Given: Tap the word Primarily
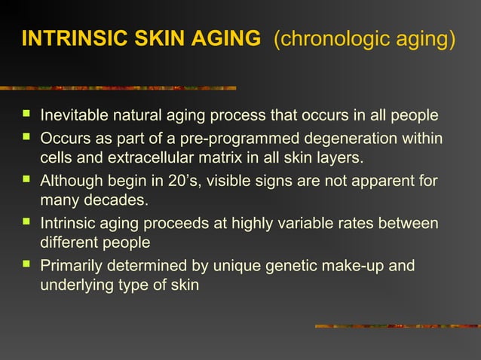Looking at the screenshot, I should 70,266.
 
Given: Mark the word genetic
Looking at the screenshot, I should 285,266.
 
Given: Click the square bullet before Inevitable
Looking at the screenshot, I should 27,116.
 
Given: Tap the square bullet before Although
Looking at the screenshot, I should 27,181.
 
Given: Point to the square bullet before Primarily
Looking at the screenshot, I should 27,265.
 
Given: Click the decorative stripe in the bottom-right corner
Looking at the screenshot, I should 396,326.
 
